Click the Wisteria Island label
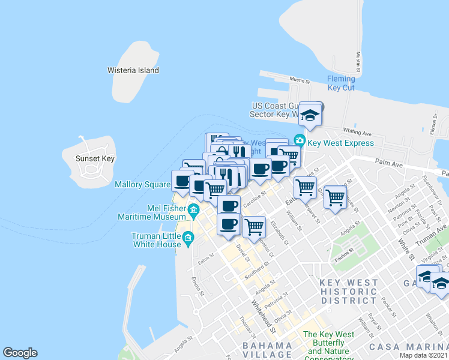click(133, 70)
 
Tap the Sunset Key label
click(95, 159)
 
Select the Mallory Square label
click(143, 185)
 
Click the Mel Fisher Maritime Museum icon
click(193, 209)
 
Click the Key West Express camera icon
click(300, 140)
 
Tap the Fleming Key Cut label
click(341, 83)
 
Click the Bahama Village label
click(267, 350)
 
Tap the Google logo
click(20, 353)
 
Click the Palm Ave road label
click(387, 163)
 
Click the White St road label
click(405, 248)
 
